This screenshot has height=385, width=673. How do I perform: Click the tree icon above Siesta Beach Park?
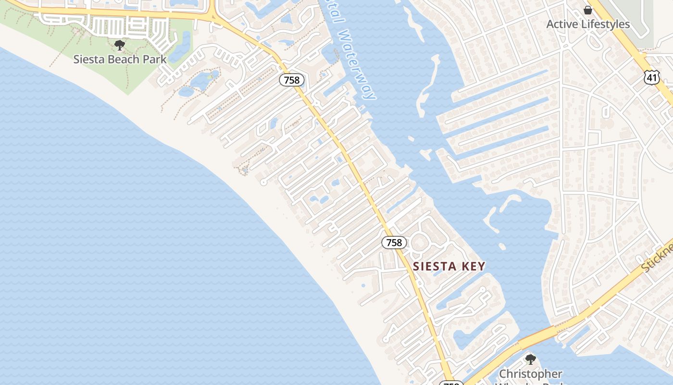(119, 45)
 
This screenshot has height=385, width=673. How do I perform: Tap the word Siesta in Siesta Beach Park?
(87, 59)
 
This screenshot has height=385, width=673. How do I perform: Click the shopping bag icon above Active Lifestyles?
(587, 10)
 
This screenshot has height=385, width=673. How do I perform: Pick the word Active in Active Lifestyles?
(562, 24)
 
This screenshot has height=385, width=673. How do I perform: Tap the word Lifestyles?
(605, 24)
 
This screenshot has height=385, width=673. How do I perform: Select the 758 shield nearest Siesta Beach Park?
(292, 80)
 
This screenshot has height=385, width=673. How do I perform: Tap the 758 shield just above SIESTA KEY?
(394, 243)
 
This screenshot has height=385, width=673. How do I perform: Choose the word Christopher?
(530, 373)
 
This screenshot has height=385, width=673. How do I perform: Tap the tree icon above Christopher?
(530, 359)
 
